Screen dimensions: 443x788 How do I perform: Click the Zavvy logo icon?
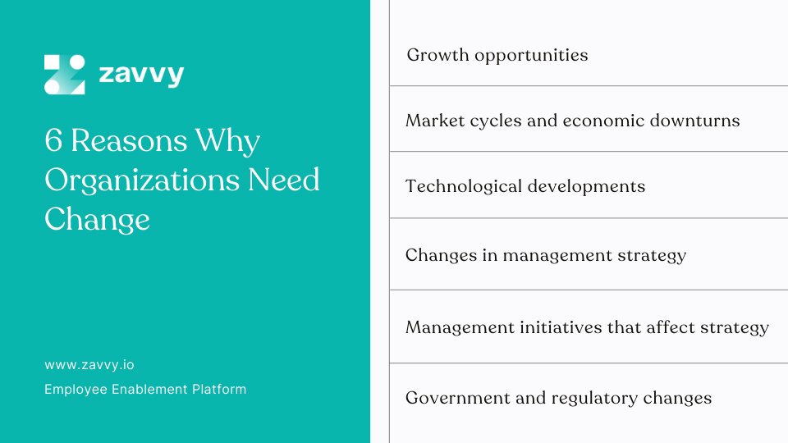click(65, 75)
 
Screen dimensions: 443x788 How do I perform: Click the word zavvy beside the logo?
click(141, 75)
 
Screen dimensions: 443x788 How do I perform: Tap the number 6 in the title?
click(54, 141)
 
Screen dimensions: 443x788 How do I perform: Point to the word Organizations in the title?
click(136, 180)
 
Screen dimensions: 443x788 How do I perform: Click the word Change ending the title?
click(97, 219)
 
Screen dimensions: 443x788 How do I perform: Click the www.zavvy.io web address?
click(89, 364)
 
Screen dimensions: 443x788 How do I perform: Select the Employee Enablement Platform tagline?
click(145, 389)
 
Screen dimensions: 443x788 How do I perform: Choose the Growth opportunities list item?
click(497, 56)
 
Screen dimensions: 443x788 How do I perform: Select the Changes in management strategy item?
click(546, 255)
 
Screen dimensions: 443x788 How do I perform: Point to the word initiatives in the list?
click(558, 327)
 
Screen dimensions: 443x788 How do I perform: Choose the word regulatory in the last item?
click(588, 399)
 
